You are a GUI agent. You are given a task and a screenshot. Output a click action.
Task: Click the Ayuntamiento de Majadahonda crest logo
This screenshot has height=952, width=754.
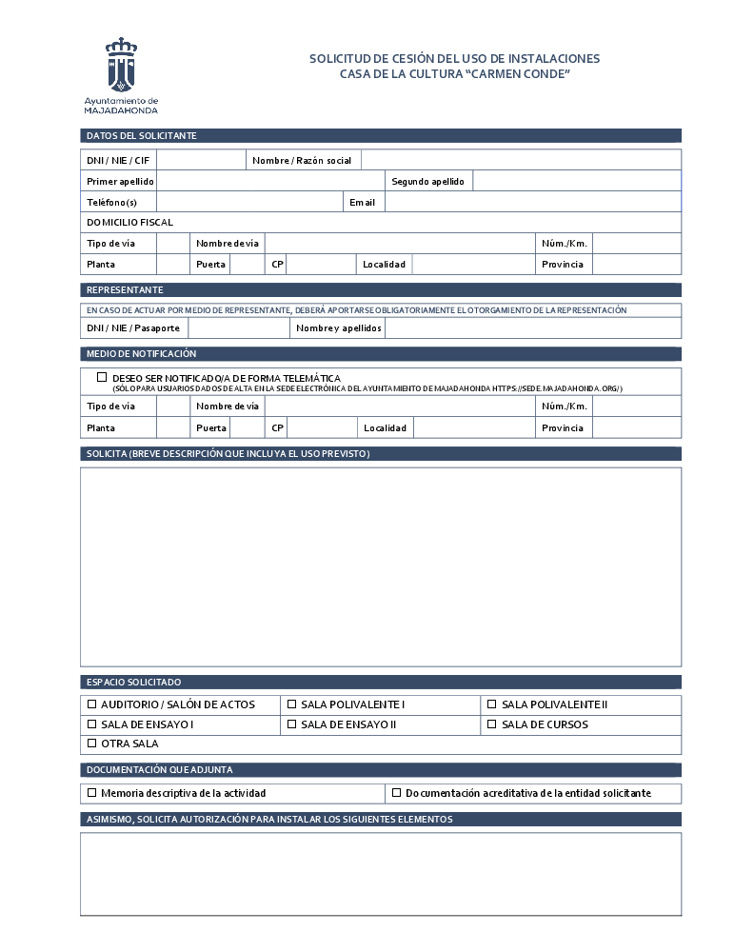tap(120, 65)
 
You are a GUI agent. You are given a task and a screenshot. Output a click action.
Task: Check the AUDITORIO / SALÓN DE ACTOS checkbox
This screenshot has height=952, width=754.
tap(92, 704)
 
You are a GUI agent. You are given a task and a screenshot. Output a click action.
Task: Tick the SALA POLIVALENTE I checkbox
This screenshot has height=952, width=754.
tap(292, 704)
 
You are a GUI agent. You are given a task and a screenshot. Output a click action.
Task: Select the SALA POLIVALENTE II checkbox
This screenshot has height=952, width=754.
tap(492, 704)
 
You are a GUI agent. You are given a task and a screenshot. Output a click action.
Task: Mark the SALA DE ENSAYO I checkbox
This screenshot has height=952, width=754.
tap(92, 724)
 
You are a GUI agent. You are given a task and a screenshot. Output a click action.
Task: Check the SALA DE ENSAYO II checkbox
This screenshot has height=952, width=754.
tap(292, 724)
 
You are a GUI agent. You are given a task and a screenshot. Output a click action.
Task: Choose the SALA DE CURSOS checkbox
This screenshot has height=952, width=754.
tap(492, 724)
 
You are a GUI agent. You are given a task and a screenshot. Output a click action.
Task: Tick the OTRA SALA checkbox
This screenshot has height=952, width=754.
tap(92, 744)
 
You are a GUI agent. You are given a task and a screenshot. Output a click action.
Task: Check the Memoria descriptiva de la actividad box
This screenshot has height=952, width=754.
tap(92, 792)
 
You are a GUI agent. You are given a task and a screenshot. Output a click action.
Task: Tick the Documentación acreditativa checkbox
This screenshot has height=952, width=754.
tap(397, 792)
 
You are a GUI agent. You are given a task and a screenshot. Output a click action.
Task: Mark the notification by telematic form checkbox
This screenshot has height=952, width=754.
tap(102, 377)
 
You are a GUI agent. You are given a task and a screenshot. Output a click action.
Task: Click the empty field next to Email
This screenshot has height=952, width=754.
tap(532, 202)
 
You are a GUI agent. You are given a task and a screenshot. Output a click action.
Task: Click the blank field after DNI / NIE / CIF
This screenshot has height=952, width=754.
tap(201, 160)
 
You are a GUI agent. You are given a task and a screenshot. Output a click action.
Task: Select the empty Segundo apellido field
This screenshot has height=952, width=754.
tap(576, 181)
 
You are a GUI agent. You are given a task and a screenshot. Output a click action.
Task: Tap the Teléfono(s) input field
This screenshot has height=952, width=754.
tap(249, 202)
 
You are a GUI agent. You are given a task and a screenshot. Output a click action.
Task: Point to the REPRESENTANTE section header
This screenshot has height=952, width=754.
tap(125, 289)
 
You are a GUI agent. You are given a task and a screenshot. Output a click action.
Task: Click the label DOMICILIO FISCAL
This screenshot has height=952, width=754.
tap(129, 222)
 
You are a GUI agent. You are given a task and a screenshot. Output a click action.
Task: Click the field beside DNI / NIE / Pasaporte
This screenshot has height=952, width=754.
tap(238, 328)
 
